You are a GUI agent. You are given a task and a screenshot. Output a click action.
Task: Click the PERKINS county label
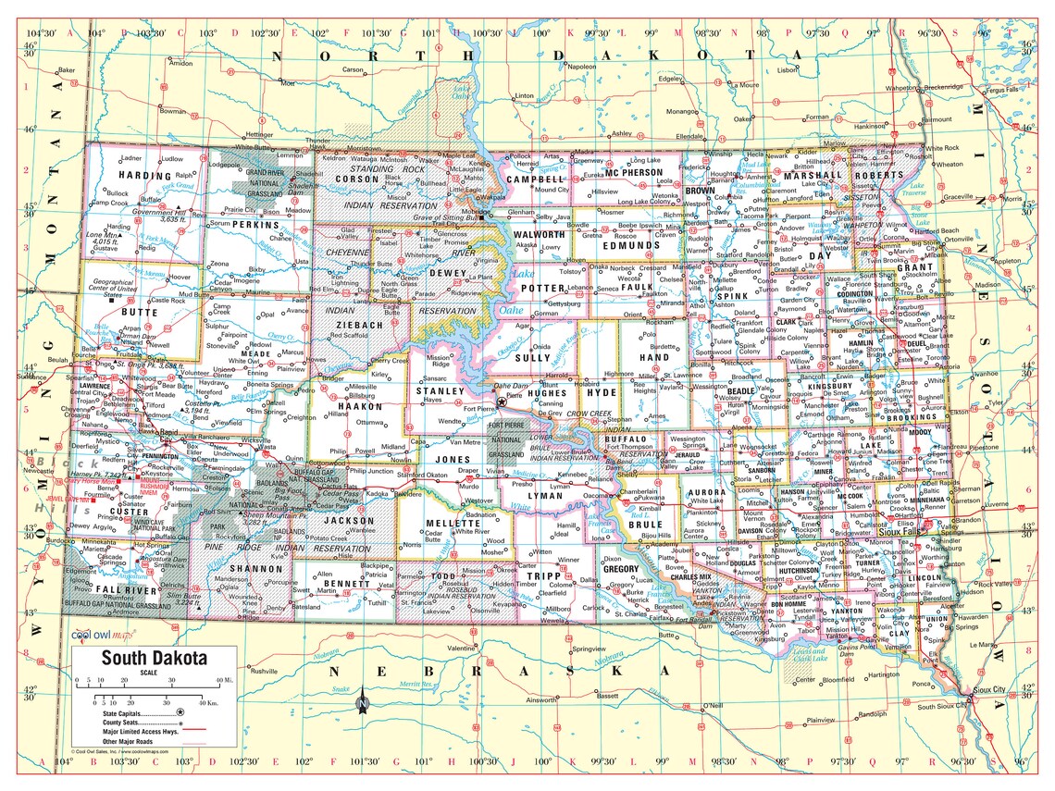point(256,225)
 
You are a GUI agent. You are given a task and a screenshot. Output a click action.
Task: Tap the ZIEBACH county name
point(359,326)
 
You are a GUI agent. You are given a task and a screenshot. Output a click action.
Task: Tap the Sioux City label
point(992,690)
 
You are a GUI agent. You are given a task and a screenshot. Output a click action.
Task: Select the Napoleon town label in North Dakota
point(581,67)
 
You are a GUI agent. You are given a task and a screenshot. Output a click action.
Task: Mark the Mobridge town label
point(477,211)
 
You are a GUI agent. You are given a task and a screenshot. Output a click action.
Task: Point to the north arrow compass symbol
point(362,703)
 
